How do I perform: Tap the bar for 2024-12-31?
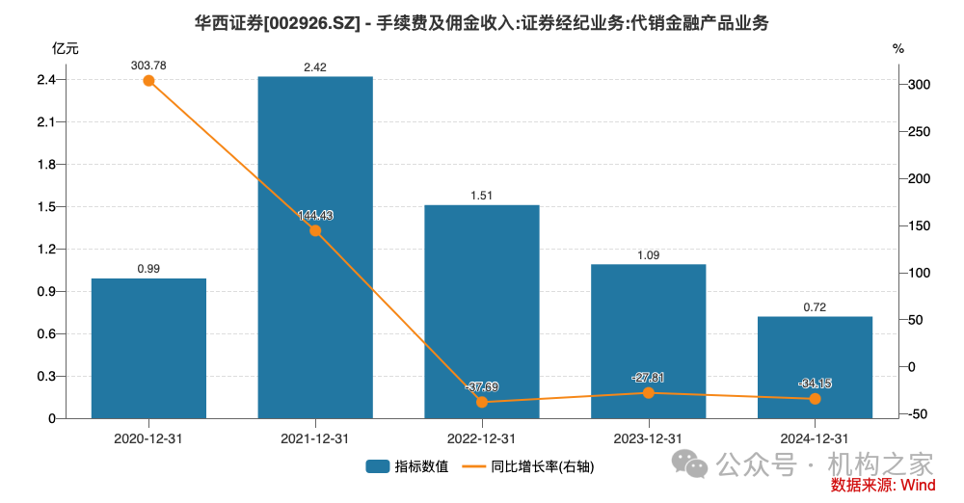tap(815, 367)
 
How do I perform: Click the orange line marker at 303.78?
tap(148, 81)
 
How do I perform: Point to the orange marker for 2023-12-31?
tap(648, 393)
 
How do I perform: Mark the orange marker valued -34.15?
tap(815, 399)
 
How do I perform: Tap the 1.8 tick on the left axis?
tap(46, 165)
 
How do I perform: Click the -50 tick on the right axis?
tap(917, 414)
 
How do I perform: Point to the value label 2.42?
tap(315, 66)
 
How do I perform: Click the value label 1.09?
tap(648, 254)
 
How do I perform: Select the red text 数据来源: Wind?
tap(882, 485)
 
